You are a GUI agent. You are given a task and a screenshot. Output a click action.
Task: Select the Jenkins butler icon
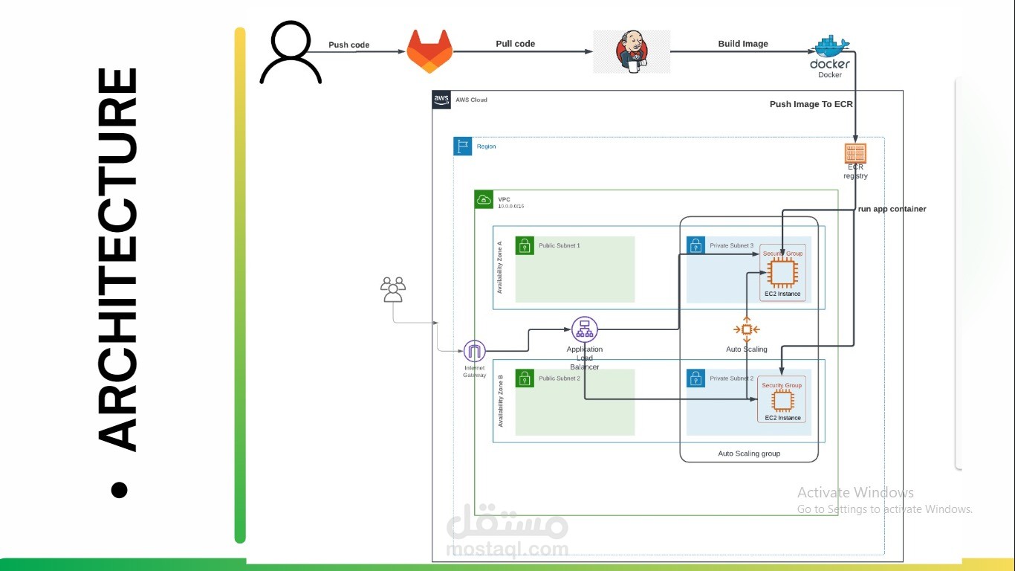click(x=632, y=52)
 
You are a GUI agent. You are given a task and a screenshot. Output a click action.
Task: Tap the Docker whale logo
click(x=831, y=48)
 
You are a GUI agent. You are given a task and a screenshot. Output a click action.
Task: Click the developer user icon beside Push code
click(x=291, y=52)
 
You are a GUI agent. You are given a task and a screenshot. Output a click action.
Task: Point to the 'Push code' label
click(x=349, y=45)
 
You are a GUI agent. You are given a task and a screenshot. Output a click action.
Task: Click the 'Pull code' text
click(x=515, y=44)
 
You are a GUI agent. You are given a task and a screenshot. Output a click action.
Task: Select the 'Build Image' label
click(x=743, y=44)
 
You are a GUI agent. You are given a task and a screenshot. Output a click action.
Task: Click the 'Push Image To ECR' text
click(x=811, y=105)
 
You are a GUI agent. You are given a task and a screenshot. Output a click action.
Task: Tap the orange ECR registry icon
click(x=855, y=154)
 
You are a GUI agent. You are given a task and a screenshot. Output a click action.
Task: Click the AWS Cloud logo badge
click(x=441, y=100)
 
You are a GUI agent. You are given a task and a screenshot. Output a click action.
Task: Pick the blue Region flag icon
click(x=463, y=146)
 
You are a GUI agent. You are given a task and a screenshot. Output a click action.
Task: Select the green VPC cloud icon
click(x=484, y=199)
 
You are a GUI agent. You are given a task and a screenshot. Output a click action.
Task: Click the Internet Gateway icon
click(x=474, y=351)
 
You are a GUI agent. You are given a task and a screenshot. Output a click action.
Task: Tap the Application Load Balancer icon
click(x=585, y=329)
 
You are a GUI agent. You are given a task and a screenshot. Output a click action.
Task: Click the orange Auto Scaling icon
click(x=747, y=329)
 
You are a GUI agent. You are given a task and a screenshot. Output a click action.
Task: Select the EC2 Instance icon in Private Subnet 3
click(x=782, y=274)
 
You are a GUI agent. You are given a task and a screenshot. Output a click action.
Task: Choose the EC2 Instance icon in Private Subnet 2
click(x=782, y=401)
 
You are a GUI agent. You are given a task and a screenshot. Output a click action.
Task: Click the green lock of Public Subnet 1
click(x=525, y=245)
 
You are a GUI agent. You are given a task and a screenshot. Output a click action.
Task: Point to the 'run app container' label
click(x=892, y=209)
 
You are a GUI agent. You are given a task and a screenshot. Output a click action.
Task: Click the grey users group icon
click(x=393, y=289)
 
